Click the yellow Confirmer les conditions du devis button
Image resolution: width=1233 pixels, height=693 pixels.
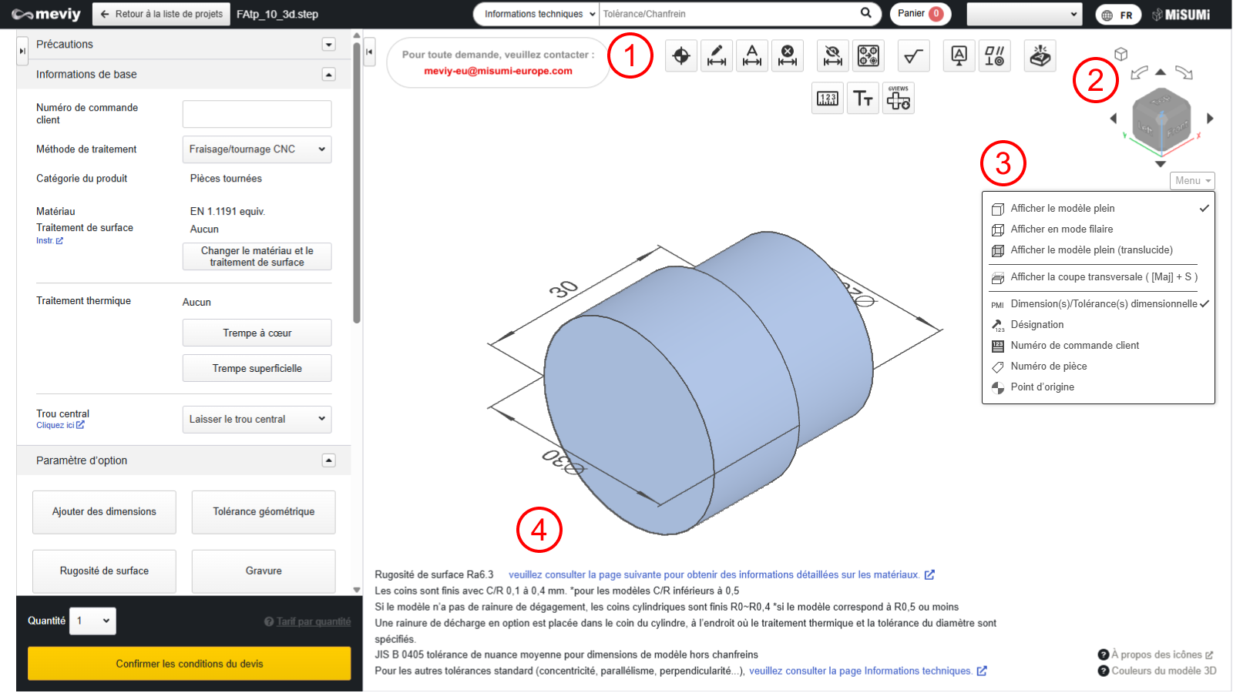(x=189, y=663)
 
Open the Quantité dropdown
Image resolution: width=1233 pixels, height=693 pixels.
(x=92, y=621)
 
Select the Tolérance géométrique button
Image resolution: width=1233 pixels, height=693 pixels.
(x=264, y=511)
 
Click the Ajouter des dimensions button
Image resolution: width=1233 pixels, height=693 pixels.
(x=104, y=511)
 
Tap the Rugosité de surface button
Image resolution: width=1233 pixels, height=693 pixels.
(x=104, y=571)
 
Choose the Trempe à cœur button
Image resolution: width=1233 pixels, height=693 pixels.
(x=257, y=333)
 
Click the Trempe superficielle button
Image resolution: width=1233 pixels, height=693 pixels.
(x=257, y=369)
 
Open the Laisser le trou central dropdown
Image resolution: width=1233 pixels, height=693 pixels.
(x=257, y=419)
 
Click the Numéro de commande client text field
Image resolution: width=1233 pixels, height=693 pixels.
(x=257, y=114)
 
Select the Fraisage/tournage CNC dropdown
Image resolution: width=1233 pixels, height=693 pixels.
(x=257, y=149)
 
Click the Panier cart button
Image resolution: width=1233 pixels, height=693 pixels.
(x=920, y=14)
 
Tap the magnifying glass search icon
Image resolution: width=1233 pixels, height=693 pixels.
(x=866, y=13)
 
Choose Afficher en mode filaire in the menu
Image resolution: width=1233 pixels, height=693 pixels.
(x=1062, y=229)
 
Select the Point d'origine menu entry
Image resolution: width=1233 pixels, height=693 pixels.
(x=1042, y=387)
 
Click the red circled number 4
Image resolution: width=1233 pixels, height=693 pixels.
(x=539, y=531)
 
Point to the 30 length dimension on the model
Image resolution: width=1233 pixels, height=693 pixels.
(x=563, y=289)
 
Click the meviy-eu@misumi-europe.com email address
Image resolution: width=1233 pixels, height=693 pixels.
(x=498, y=71)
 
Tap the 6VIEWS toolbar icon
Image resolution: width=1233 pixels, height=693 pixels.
(x=899, y=99)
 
